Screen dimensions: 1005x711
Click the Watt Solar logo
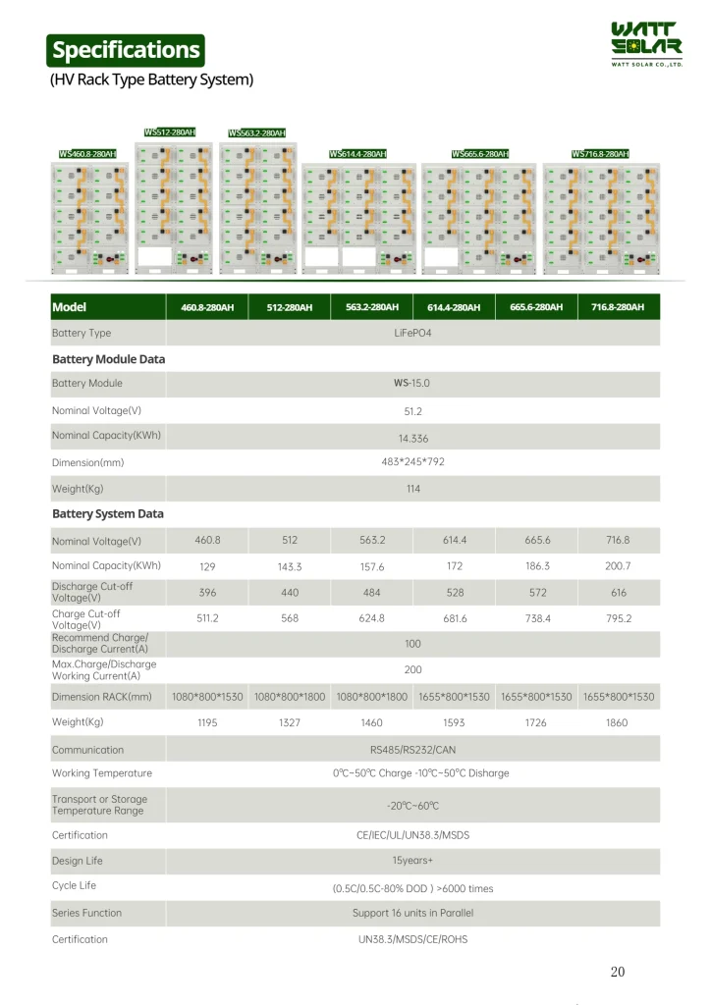pyautogui.click(x=646, y=45)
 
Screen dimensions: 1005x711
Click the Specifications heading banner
pyautogui.click(x=126, y=49)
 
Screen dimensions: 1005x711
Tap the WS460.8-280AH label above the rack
pyautogui.click(x=87, y=154)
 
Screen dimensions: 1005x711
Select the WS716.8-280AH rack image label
pyautogui.click(x=599, y=154)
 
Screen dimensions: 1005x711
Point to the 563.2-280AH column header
pyautogui.click(x=372, y=307)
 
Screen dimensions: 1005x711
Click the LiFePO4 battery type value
pyautogui.click(x=412, y=334)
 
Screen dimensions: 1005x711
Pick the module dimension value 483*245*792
pyautogui.click(x=412, y=461)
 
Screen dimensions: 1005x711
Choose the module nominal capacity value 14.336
pyautogui.click(x=412, y=438)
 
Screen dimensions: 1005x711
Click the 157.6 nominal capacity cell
pyautogui.click(x=372, y=567)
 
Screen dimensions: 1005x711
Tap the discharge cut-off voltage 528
pyautogui.click(x=455, y=593)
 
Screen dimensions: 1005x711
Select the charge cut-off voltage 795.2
pyautogui.click(x=619, y=618)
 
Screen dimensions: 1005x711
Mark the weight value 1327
pyautogui.click(x=290, y=722)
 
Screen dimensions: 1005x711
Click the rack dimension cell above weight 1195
pyautogui.click(x=207, y=697)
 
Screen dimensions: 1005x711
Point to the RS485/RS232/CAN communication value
pyautogui.click(x=412, y=750)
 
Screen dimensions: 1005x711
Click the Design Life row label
pyautogui.click(x=78, y=861)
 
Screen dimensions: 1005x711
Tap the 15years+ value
pyautogui.click(x=412, y=861)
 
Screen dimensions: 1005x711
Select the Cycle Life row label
pyautogui.click(x=74, y=886)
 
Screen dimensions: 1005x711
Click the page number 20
pyautogui.click(x=618, y=972)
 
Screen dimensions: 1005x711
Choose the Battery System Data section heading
pyautogui.click(x=108, y=514)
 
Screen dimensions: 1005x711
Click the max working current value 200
pyautogui.click(x=412, y=669)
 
